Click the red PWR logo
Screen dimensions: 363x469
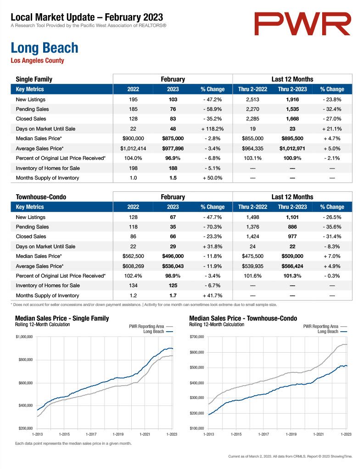(x=302, y=24)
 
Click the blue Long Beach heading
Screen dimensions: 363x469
(x=45, y=48)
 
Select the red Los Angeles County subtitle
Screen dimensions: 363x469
(x=38, y=60)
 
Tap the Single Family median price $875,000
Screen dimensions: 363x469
(x=173, y=138)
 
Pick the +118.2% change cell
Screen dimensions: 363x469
(x=212, y=129)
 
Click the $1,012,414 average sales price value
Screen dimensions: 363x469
(x=133, y=148)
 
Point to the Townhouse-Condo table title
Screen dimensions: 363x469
(x=41, y=197)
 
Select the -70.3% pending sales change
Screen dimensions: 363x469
(x=212, y=227)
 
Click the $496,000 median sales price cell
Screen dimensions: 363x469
(x=173, y=256)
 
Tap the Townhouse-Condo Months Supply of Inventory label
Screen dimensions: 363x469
(x=47, y=295)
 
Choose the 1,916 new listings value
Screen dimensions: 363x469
(x=292, y=99)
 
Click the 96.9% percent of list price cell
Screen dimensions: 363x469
(x=173, y=158)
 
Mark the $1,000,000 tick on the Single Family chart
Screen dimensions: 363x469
(x=24, y=337)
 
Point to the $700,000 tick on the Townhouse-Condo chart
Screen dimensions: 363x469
(x=197, y=337)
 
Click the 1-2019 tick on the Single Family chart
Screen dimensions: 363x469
(x=118, y=434)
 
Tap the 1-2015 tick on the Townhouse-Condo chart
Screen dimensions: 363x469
(x=236, y=434)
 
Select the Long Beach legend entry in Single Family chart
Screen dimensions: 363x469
(x=158, y=332)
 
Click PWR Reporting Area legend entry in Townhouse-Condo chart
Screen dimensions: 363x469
(x=325, y=326)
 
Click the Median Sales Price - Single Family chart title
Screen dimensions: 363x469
(x=62, y=318)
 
